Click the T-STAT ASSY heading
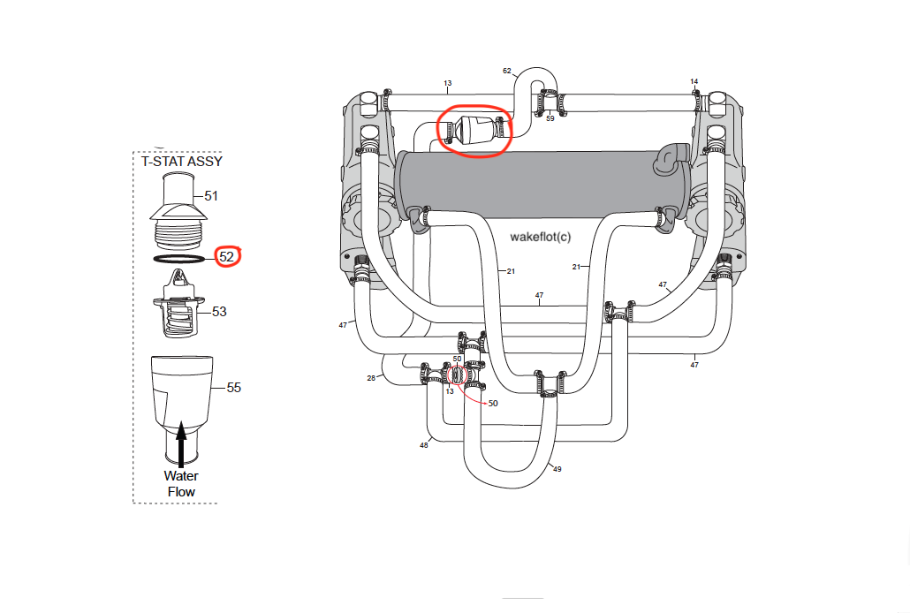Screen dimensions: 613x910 [182, 161]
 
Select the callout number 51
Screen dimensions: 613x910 [210, 195]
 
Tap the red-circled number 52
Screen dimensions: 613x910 [227, 257]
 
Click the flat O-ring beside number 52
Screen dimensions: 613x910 [179, 259]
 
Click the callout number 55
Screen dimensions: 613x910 [233, 387]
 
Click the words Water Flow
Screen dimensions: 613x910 [181, 484]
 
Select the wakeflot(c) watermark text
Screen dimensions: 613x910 [541, 238]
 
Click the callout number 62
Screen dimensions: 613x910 [507, 71]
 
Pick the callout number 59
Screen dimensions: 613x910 [550, 117]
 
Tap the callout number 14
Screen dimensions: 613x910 [694, 81]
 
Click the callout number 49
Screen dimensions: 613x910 [557, 469]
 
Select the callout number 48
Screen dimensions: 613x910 [424, 445]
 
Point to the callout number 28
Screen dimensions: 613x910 [371, 378]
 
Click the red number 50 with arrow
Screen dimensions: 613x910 [492, 403]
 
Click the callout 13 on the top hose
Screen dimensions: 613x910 [448, 83]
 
